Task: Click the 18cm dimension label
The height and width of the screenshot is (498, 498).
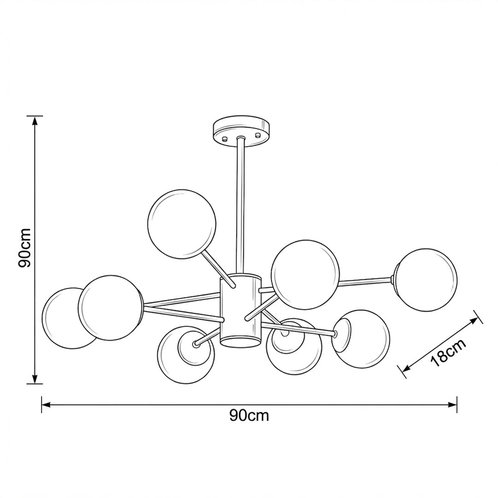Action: click(449, 353)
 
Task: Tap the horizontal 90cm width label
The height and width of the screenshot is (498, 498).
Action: click(249, 415)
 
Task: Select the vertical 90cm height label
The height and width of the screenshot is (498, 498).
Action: click(25, 248)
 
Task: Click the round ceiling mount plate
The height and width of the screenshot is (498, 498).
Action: click(241, 131)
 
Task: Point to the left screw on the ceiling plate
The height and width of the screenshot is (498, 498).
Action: click(225, 138)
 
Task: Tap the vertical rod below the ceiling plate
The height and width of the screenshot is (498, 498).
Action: click(240, 205)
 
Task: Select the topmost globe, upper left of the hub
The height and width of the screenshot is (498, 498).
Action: click(182, 224)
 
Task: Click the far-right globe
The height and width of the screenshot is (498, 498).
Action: click(426, 279)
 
